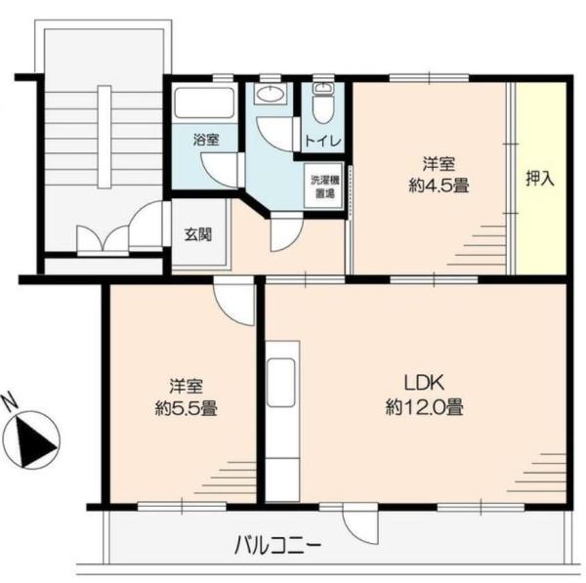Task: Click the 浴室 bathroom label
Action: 206,140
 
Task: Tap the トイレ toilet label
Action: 323,141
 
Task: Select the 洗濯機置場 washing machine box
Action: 323,186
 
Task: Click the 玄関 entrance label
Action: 198,234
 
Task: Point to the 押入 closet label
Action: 540,179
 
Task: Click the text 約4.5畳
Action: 439,186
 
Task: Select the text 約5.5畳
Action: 187,408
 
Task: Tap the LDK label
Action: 424,383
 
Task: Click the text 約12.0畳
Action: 424,407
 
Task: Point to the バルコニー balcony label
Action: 277,546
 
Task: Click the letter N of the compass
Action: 10,402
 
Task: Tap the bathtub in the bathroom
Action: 204,103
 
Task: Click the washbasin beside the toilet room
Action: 269,94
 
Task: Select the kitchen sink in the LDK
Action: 281,382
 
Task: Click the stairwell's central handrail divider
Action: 105,137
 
